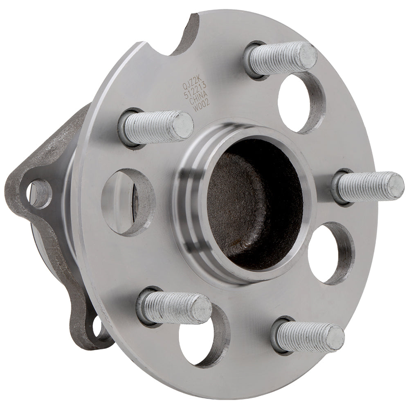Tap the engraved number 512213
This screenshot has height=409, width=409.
tap(201, 85)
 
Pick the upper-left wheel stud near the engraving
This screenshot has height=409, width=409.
tap(156, 125)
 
